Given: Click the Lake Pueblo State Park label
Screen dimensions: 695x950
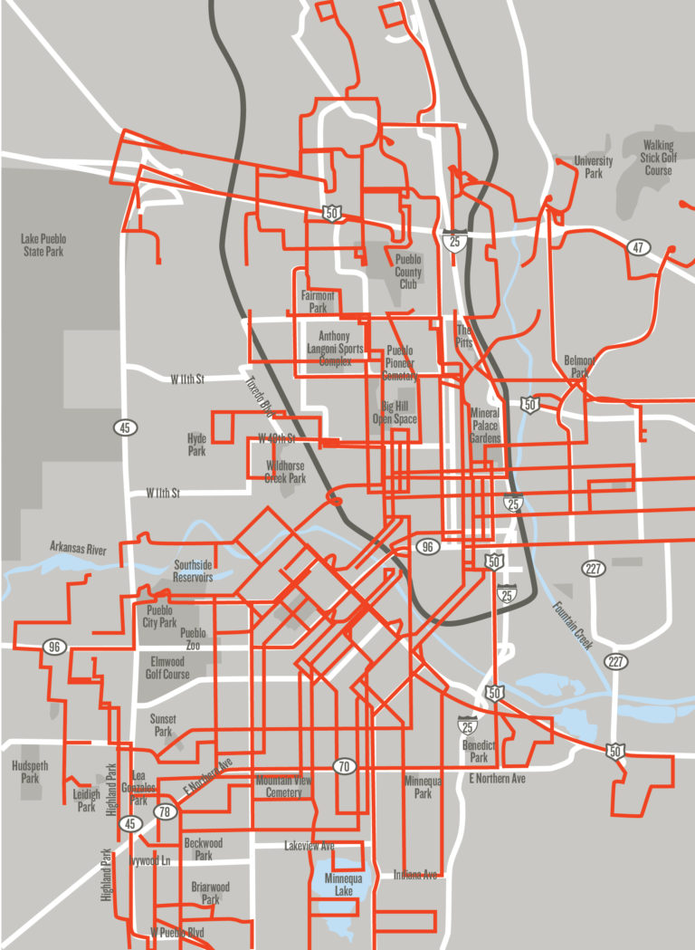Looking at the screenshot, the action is click(x=43, y=245).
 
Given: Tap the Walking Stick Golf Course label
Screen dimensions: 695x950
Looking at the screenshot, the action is click(x=658, y=158).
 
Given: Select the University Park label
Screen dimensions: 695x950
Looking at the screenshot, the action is click(x=594, y=167).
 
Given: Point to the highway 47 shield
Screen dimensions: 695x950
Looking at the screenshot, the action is click(x=640, y=247).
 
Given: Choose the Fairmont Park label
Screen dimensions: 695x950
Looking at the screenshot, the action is click(x=318, y=302).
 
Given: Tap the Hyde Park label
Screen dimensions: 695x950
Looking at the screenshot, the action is click(x=196, y=444).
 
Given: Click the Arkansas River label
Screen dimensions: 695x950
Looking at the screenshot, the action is click(x=78, y=550).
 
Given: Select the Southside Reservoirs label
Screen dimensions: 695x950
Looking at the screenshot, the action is click(x=193, y=571).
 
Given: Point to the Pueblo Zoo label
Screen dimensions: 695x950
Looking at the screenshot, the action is click(x=193, y=638).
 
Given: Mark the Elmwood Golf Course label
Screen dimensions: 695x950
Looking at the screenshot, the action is click(x=167, y=667).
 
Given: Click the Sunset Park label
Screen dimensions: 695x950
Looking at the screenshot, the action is click(x=163, y=724).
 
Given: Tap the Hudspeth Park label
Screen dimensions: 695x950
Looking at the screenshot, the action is click(x=30, y=772).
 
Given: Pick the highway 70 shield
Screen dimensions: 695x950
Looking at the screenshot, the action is click(x=343, y=766).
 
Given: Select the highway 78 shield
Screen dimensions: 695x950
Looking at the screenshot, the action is click(x=164, y=811).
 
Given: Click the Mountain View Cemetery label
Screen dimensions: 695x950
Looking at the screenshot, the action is click(x=283, y=786).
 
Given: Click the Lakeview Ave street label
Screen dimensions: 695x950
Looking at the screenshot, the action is click(x=309, y=846).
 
